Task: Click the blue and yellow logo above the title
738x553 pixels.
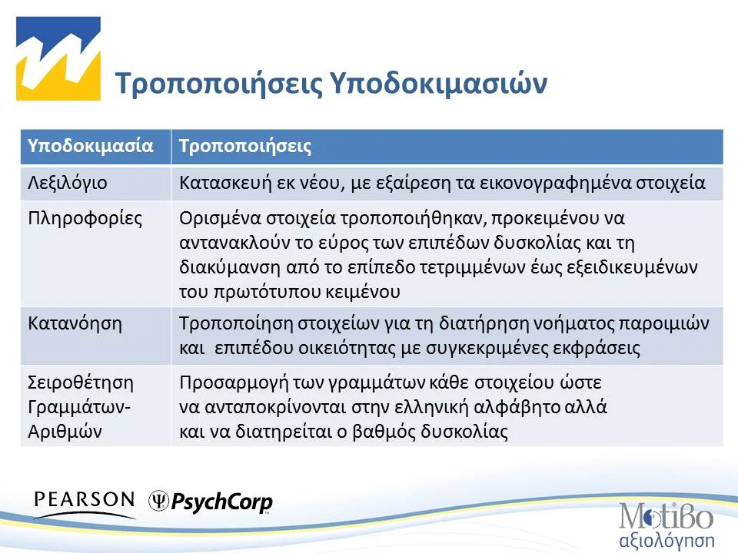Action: [x=59, y=58]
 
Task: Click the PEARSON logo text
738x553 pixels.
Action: [x=85, y=500]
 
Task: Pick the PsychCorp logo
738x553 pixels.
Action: [x=211, y=502]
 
